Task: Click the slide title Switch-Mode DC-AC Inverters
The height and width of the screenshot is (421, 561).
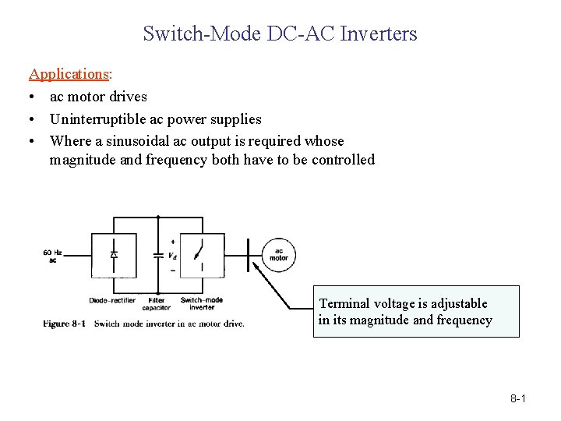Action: (280, 34)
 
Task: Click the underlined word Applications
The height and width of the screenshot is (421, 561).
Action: (69, 74)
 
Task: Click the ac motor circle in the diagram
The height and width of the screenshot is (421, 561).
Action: (278, 254)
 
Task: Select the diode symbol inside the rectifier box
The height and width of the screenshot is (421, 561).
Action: (114, 254)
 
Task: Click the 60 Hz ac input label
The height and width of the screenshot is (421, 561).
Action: (53, 256)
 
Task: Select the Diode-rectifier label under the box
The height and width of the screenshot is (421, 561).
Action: (112, 300)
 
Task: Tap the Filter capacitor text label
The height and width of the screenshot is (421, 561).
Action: (157, 303)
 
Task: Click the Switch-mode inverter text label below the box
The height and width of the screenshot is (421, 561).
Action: (202, 303)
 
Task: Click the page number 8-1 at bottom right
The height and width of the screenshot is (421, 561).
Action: (518, 399)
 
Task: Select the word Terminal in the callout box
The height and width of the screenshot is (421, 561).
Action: (345, 303)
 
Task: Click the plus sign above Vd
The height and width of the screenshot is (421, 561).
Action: (172, 242)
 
